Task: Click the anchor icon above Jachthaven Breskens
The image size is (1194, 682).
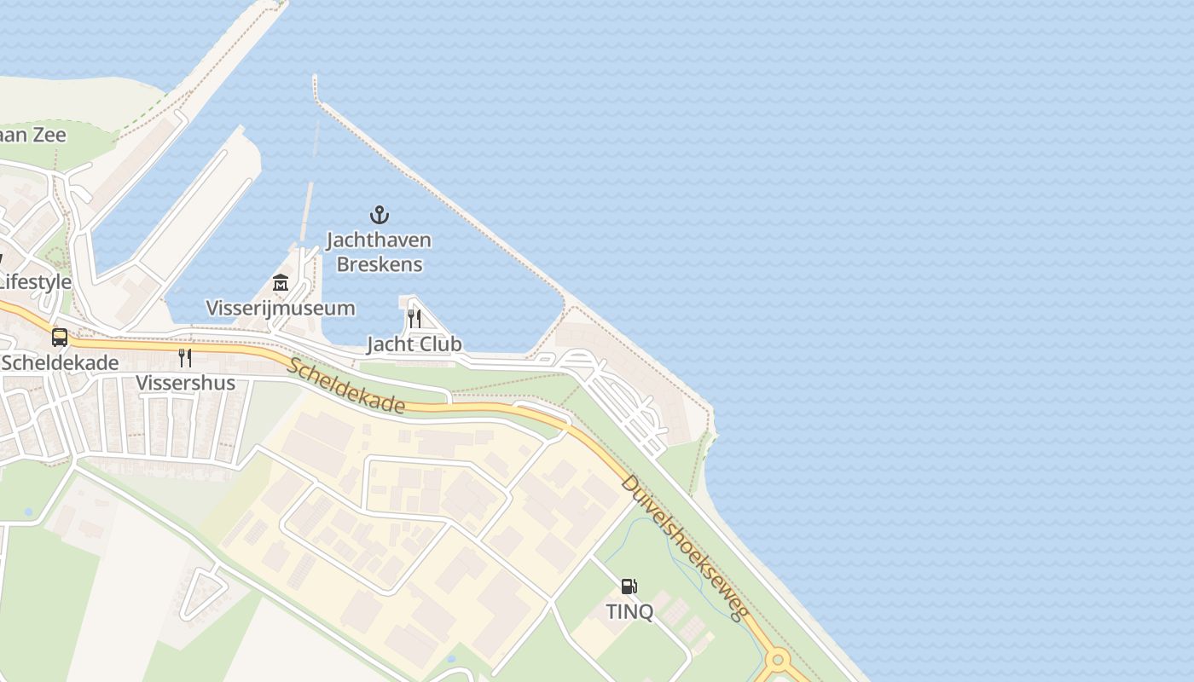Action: tap(379, 214)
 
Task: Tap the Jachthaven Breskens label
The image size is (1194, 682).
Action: tap(379, 251)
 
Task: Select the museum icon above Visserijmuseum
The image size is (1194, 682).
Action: tap(281, 282)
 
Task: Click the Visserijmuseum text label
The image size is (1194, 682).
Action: tap(281, 308)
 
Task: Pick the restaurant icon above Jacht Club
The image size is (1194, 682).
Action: tap(414, 319)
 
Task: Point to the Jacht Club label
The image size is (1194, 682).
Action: tap(414, 344)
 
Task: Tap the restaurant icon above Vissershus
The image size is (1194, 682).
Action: tap(184, 357)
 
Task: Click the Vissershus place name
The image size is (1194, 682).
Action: tap(185, 383)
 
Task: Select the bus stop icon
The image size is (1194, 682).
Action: tap(59, 337)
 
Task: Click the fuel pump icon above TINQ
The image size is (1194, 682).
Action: tap(629, 587)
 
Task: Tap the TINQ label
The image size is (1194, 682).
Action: tap(629, 611)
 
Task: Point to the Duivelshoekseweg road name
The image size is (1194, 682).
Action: tap(685, 546)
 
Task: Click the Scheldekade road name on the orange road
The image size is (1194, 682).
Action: tap(345, 385)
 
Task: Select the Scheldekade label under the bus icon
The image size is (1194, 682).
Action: tap(60, 362)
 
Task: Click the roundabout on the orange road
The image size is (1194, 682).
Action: tap(777, 660)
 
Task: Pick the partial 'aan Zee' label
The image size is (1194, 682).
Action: tap(32, 134)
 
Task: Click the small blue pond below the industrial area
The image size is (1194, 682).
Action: tap(450, 659)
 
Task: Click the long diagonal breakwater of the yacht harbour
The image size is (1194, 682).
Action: tap(443, 201)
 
